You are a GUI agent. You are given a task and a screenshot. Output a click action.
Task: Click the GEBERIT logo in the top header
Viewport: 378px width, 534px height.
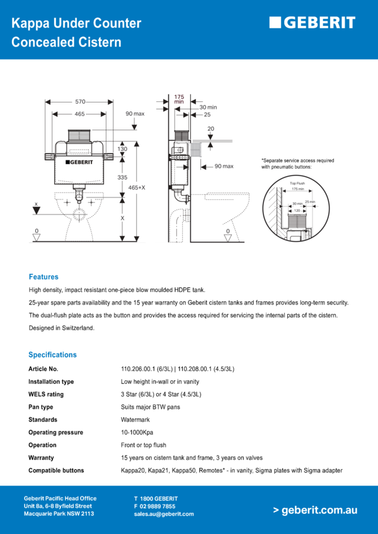312,23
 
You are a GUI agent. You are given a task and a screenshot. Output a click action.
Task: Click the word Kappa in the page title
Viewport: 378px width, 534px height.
31,24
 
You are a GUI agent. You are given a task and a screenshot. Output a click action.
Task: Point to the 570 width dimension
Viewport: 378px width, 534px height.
80,101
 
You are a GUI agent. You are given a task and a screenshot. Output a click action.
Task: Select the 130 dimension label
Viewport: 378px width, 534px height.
122,149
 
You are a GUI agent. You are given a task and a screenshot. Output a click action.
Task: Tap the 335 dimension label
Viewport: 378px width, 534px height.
122,177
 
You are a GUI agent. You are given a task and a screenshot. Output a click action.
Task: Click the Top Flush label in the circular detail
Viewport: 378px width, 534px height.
297,183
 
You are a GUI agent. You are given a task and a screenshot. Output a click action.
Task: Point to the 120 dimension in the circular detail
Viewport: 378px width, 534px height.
296,210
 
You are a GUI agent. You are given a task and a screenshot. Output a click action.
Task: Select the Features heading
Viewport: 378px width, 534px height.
43,277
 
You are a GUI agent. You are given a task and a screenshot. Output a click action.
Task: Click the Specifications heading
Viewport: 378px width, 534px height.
52,355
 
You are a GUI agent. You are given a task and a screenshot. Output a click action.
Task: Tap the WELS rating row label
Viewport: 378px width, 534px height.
46,394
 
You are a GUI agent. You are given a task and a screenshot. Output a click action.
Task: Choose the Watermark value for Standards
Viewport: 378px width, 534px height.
134,420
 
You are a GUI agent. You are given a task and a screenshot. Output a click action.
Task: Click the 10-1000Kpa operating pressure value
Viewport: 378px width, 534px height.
137,432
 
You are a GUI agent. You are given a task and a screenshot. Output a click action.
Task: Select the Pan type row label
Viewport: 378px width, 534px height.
40,407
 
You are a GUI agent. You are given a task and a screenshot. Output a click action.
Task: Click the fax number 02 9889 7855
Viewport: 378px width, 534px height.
154,506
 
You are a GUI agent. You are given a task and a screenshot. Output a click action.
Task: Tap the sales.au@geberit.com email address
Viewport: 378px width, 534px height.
163,514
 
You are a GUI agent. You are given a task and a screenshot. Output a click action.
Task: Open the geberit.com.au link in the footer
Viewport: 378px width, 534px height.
315,510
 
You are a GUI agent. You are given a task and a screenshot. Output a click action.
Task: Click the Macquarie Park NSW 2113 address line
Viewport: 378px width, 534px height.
59,514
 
